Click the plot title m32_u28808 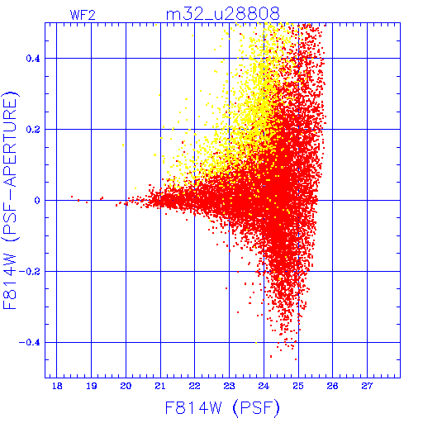pyautogui.click(x=223, y=14)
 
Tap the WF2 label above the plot pyautogui.click(x=83, y=15)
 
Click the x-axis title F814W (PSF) pyautogui.click(x=222, y=408)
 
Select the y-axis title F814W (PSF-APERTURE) pyautogui.click(x=10, y=201)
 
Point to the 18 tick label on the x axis pyautogui.click(x=57, y=386)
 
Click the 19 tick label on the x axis pyautogui.click(x=92, y=386)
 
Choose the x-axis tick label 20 pyautogui.click(x=126, y=386)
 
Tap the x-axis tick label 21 pyautogui.click(x=160, y=386)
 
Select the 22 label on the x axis pyautogui.click(x=195, y=386)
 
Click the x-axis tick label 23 pyautogui.click(x=229, y=386)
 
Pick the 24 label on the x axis pyautogui.click(x=264, y=386)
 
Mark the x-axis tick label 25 pyautogui.click(x=298, y=386)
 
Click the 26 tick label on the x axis pyautogui.click(x=333, y=386)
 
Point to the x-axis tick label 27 pyautogui.click(x=367, y=386)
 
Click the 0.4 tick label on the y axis pyautogui.click(x=33, y=59)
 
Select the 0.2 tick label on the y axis pyautogui.click(x=33, y=130)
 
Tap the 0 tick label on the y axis pyautogui.click(x=37, y=201)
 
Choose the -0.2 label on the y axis pyautogui.click(x=30, y=272)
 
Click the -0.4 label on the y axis pyautogui.click(x=30, y=343)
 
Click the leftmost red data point pyautogui.click(x=72, y=197)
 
